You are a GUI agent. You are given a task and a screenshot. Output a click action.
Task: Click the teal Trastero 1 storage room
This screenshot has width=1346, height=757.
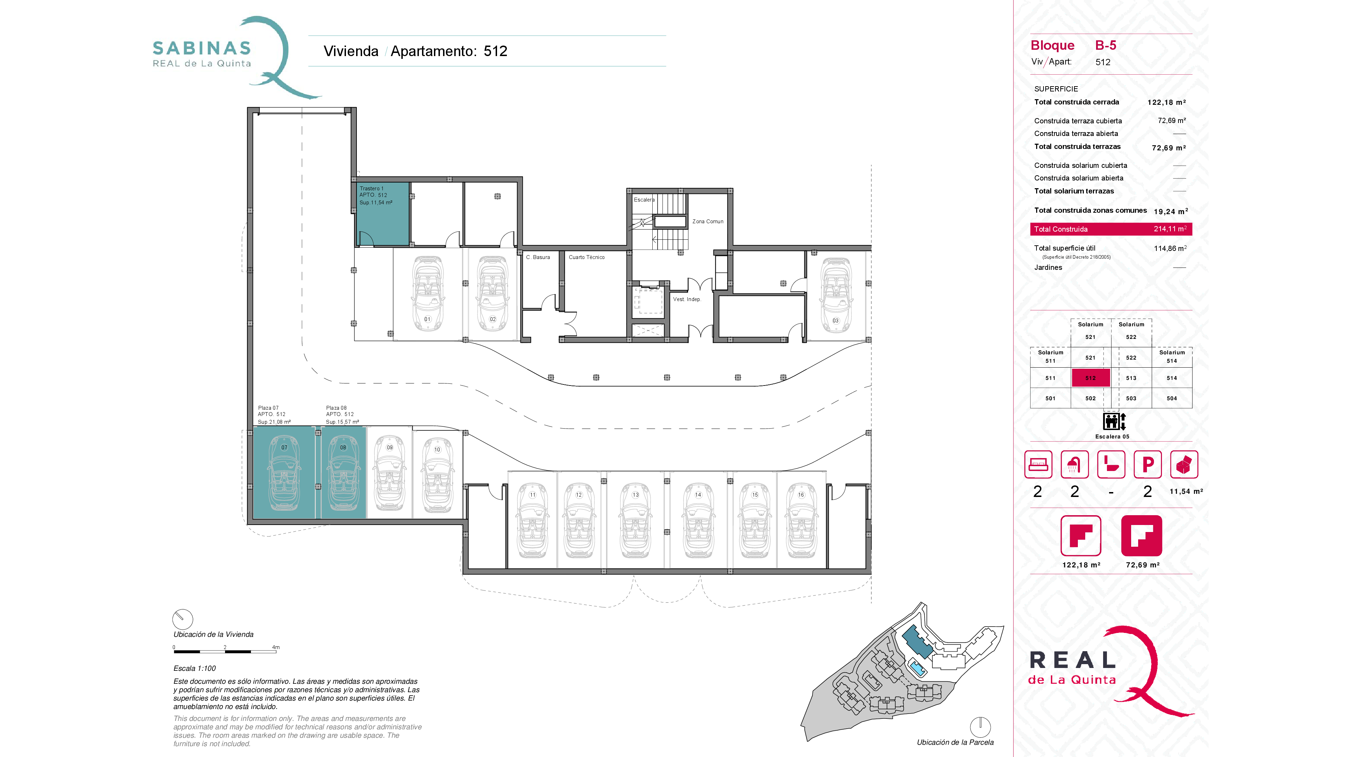pos(382,214)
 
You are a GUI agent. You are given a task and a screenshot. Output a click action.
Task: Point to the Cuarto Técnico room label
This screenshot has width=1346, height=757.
pos(586,257)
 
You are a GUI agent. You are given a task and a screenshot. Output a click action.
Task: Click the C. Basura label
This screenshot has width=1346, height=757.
pos(538,257)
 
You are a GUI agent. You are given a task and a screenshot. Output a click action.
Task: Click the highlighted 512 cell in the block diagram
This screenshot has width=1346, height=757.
pos(1090,378)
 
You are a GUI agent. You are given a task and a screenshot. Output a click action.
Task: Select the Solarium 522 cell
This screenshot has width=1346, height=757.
pos(1131,331)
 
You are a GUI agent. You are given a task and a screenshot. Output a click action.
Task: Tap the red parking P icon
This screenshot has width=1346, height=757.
pos(1148,464)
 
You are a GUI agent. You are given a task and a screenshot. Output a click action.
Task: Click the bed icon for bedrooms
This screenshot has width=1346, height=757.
pos(1038,464)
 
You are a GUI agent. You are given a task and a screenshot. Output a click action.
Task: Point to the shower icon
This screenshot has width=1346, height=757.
pos(1074,464)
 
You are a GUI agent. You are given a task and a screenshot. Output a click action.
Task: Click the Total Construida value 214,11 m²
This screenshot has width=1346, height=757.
pos(1170,229)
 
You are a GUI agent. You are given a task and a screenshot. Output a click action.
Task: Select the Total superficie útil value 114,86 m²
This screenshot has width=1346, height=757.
pos(1170,248)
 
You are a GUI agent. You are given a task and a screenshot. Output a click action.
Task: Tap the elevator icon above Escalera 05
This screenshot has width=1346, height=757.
pos(1114,421)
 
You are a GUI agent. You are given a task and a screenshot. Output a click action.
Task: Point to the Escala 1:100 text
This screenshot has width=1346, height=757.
pos(195,668)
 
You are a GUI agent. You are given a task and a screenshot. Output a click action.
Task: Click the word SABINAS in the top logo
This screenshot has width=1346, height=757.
pos(202,48)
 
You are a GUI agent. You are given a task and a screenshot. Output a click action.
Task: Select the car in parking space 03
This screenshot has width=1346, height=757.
pos(836,295)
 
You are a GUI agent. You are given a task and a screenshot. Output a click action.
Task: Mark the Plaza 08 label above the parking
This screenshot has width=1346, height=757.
pos(336,408)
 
